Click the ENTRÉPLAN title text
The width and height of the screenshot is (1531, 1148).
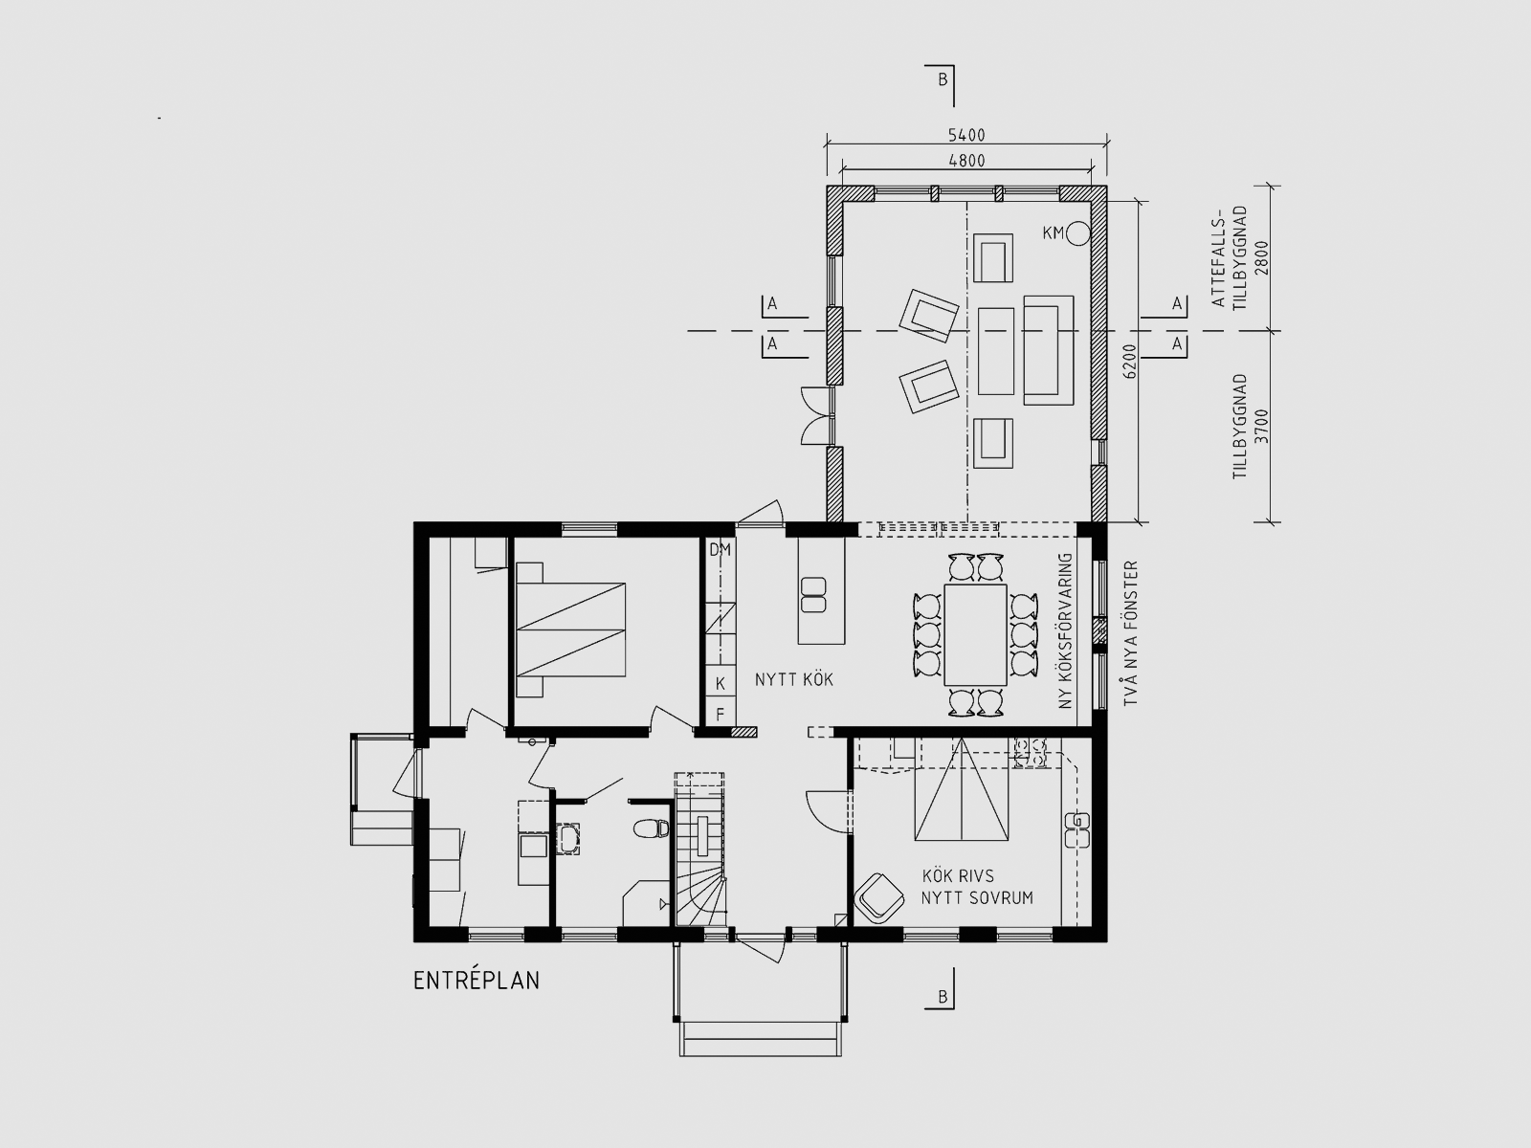coord(477,981)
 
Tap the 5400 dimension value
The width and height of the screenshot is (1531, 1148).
coord(966,135)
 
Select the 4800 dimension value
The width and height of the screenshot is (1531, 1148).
coord(966,161)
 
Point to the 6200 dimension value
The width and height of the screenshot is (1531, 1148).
coord(1130,361)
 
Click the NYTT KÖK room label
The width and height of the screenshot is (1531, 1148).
coord(794,679)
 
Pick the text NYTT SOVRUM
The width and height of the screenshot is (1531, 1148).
coord(977,897)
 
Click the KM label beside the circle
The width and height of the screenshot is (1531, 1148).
coord(1054,232)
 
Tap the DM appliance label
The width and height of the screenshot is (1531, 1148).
coord(720,550)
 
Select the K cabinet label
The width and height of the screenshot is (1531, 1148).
coord(721,684)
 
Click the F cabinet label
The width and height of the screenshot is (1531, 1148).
coord(721,715)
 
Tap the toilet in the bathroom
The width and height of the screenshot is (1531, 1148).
coord(651,828)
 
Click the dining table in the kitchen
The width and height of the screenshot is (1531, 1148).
coord(975,635)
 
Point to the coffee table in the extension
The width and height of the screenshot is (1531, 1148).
coord(996,351)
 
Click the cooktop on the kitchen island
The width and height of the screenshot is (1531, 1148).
coord(814,594)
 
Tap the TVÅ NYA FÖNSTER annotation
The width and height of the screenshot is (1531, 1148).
coord(1131,633)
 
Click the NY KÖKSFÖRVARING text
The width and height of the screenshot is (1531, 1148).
coord(1064,631)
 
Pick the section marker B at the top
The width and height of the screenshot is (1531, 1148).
coord(943,79)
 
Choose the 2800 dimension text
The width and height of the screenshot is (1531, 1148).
coord(1262,258)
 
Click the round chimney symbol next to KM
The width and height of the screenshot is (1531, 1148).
coord(1078,233)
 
